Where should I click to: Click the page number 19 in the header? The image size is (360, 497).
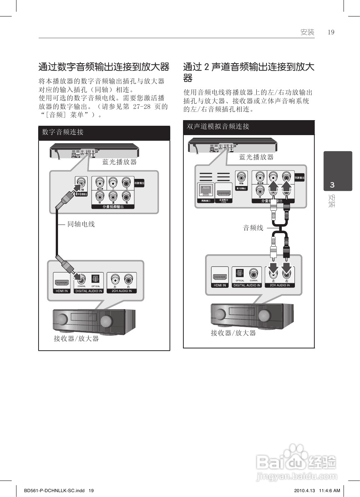click(331, 32)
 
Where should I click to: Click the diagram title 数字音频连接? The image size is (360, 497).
click(63, 132)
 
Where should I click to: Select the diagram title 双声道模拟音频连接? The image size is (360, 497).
click(218, 126)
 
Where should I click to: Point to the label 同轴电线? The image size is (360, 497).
click(81, 224)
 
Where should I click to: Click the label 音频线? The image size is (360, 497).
click(253, 228)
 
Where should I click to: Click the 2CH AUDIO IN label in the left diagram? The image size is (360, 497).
click(122, 291)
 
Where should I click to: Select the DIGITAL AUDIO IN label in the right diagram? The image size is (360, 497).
click(247, 285)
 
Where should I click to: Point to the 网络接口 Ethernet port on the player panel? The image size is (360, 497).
click(205, 191)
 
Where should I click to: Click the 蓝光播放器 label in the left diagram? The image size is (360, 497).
click(119, 162)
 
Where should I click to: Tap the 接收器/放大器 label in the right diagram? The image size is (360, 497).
click(233, 333)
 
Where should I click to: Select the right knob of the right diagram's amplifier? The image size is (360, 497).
click(264, 315)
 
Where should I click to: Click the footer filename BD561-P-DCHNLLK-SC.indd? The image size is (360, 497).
click(54, 491)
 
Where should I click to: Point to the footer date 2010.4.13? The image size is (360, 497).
click(305, 491)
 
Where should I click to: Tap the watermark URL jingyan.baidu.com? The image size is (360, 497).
click(297, 476)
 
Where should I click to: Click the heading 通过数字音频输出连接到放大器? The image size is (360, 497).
click(104, 67)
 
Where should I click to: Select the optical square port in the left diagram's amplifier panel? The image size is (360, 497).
click(95, 279)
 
